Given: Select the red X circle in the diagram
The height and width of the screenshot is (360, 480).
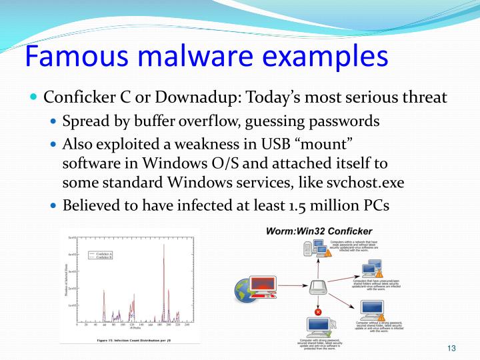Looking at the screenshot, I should point(318,312).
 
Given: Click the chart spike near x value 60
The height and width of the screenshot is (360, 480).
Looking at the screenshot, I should point(105,303).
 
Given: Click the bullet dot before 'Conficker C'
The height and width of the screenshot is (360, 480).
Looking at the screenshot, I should point(35,97).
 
